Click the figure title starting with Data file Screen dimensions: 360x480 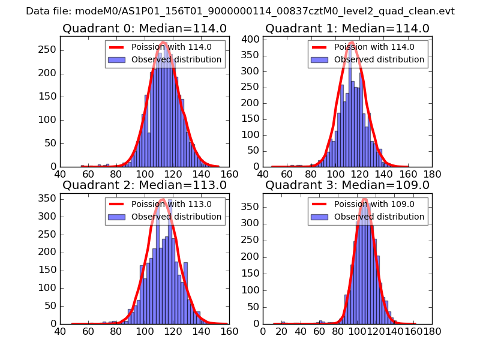pos(240,11)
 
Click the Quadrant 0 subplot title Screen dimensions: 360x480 pos(144,29)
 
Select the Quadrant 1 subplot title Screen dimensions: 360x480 pos(347,29)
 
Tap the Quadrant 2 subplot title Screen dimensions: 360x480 pos(144,185)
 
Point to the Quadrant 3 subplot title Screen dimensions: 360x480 pos(347,185)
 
